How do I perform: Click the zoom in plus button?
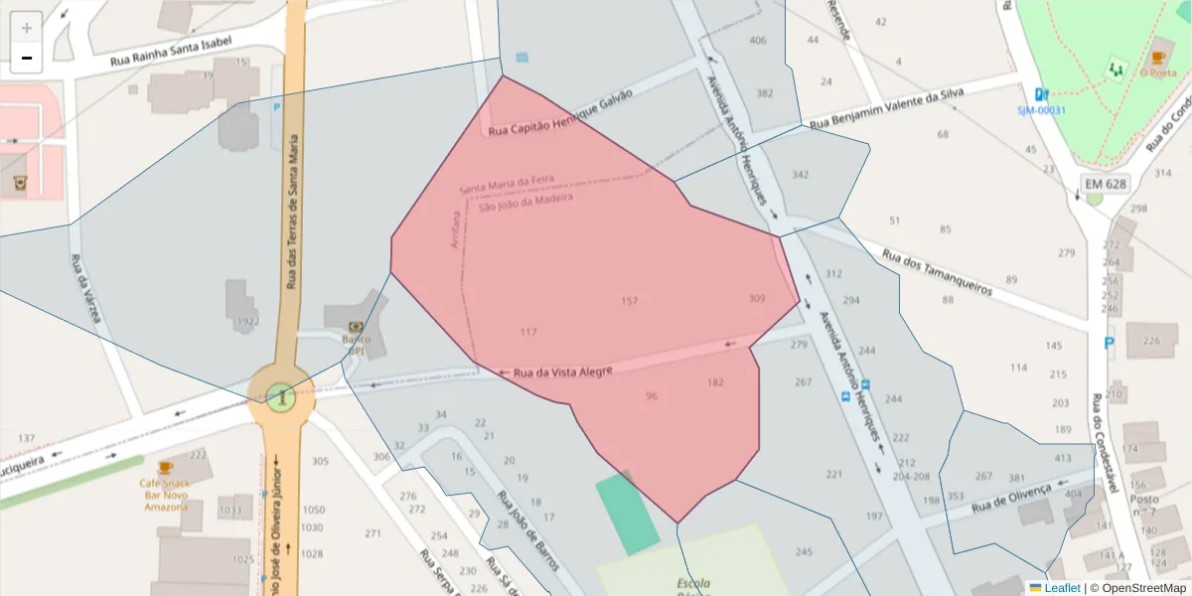tap(27, 28)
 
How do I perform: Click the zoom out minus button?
tap(27, 59)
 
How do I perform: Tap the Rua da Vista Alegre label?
tap(562, 372)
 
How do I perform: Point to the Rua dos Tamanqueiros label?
tap(937, 272)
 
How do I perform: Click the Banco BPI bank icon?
tap(356, 326)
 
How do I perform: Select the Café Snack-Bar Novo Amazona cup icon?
tap(165, 467)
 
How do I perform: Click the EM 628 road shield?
tap(1105, 185)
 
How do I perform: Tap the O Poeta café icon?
tap(1157, 58)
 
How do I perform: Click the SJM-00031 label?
tap(1041, 110)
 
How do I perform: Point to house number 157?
tap(629, 301)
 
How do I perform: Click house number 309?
tap(757, 299)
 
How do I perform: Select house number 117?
tap(527, 332)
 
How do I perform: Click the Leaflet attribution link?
tap(1062, 588)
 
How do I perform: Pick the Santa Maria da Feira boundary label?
tap(506, 186)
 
